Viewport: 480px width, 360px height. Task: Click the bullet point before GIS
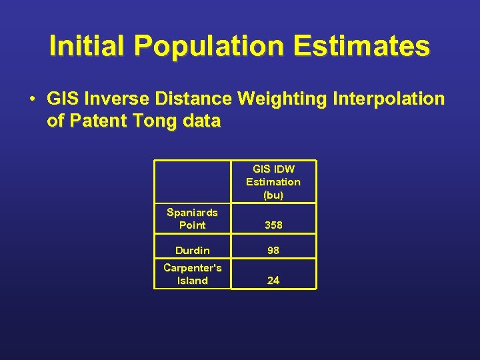[x=32, y=99]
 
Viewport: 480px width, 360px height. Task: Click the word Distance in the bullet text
[x=193, y=99]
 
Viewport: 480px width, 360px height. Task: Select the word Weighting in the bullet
[x=280, y=99]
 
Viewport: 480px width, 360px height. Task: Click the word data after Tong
[x=198, y=121]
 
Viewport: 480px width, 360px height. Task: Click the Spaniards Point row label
[x=192, y=219]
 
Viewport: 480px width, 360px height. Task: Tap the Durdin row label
[x=192, y=251]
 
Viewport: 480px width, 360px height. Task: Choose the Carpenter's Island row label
[x=192, y=274]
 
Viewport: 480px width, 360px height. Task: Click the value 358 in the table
[x=273, y=225]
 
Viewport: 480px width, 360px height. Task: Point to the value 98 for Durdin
[x=273, y=251]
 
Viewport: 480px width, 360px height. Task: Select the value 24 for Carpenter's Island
[x=273, y=281]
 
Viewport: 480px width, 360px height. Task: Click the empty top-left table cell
[x=192, y=181]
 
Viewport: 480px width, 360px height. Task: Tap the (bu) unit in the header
[x=273, y=195]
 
